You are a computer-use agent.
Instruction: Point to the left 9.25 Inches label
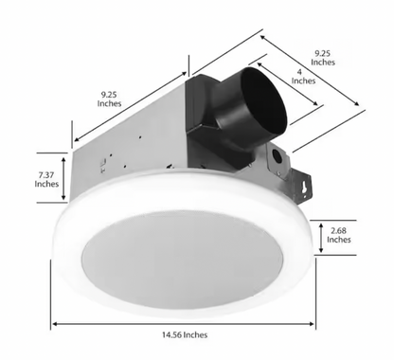111,99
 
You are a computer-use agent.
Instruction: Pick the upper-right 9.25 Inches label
323,57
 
